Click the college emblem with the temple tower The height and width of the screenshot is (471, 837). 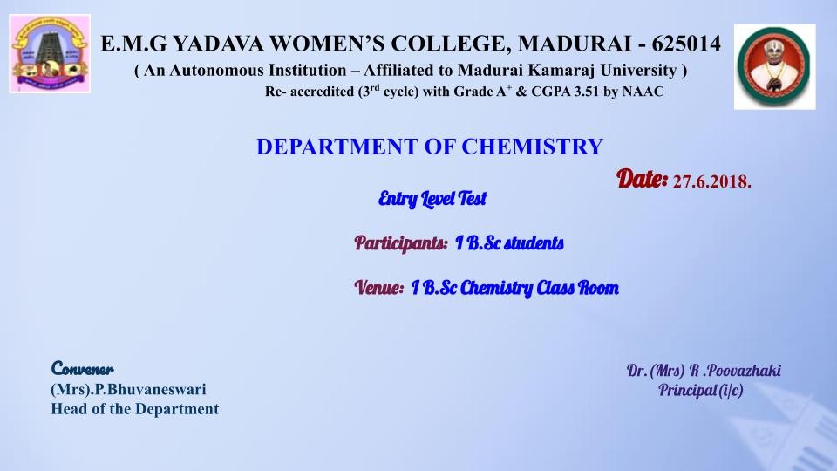(50, 53)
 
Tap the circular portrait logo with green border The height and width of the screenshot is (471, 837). (774, 67)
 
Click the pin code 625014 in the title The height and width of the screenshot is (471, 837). (686, 44)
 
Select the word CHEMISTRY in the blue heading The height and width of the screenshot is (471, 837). (532, 147)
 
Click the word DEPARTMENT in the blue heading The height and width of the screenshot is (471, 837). (337, 147)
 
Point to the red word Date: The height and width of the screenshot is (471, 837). (643, 178)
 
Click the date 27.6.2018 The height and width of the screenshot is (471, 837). (712, 182)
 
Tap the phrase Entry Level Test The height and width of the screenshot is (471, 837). (432, 199)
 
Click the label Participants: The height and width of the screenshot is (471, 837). (401, 243)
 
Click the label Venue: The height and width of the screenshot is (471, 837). (379, 288)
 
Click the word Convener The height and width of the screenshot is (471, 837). (82, 368)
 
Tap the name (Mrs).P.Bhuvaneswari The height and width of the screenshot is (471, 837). (128, 389)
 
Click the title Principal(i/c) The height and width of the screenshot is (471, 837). (700, 391)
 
